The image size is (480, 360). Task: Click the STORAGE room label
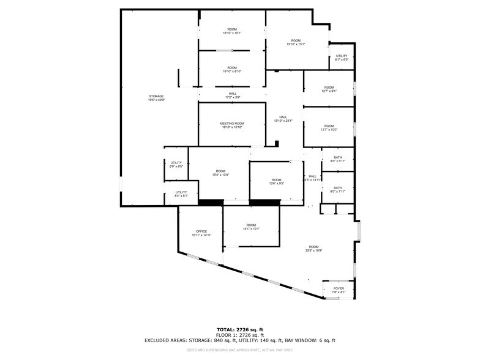[x=156, y=96]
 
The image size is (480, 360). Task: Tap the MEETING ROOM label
[x=232, y=124]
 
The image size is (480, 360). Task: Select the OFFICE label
[x=201, y=231]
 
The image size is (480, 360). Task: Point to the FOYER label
[x=339, y=288]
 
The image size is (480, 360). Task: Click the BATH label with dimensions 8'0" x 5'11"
[x=338, y=158]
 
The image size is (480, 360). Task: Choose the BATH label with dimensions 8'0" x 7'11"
[x=338, y=188]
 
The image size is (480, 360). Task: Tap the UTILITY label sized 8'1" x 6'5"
[x=342, y=56]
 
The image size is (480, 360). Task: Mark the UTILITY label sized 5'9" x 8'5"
[x=176, y=163]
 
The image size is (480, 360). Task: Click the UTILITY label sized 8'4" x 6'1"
[x=181, y=192]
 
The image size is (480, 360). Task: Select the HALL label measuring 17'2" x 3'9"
[x=233, y=94]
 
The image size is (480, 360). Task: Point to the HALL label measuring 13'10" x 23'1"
[x=283, y=117]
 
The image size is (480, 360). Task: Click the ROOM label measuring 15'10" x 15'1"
[x=296, y=40]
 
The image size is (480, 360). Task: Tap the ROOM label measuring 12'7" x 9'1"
[x=329, y=88]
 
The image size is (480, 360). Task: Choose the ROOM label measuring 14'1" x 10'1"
[x=251, y=225]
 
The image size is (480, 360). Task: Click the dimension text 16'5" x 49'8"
[x=156, y=100]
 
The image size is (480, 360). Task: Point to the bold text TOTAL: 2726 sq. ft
[x=239, y=329]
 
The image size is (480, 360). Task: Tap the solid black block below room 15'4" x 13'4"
[x=211, y=202]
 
